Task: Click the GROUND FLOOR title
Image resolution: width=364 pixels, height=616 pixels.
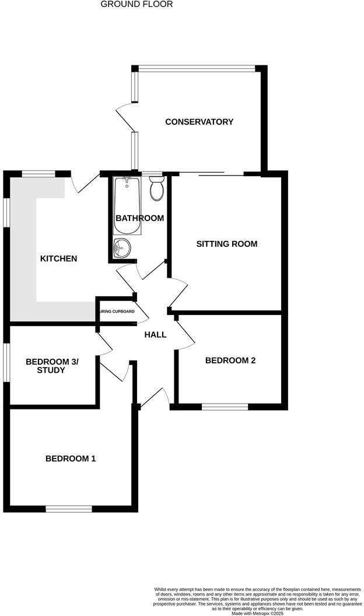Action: (136, 4)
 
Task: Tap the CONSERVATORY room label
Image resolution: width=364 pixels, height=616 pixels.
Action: (199, 122)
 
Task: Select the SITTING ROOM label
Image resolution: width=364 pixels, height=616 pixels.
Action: (226, 244)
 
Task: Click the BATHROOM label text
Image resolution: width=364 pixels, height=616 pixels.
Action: (139, 218)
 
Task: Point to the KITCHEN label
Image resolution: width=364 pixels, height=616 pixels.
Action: (58, 258)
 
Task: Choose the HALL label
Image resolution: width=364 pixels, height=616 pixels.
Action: (156, 335)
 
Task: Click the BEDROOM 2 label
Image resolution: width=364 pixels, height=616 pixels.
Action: (230, 360)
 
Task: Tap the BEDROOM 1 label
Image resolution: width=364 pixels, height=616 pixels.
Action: (71, 459)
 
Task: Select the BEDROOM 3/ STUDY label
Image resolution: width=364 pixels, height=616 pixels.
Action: (52, 366)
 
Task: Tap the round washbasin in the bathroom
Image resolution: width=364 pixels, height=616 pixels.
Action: (123, 247)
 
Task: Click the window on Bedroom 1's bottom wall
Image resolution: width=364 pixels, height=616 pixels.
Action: (69, 509)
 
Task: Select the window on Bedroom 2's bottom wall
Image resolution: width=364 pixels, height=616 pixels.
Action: (225, 407)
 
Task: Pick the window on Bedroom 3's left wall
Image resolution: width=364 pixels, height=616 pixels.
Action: (7, 362)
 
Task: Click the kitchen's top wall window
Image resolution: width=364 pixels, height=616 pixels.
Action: (39, 173)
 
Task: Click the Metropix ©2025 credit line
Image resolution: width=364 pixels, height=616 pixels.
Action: (257, 613)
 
